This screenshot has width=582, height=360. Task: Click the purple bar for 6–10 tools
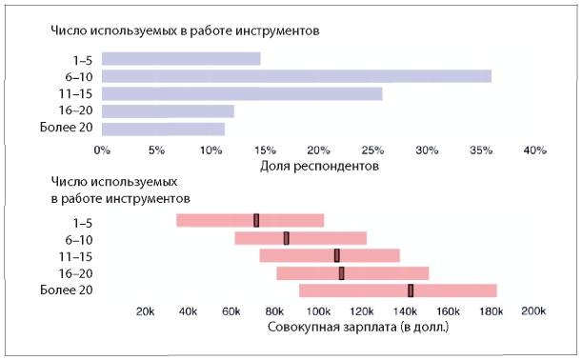pyautogui.click(x=296, y=76)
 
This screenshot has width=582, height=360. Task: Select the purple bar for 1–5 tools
pyautogui.click(x=181, y=58)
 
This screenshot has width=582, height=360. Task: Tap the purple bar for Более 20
pyautogui.click(x=163, y=129)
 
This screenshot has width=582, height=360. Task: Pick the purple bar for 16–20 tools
pyautogui.click(x=168, y=111)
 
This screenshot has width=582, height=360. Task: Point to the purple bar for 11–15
pyautogui.click(x=242, y=93)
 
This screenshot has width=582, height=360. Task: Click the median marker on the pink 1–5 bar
pyautogui.click(x=256, y=220)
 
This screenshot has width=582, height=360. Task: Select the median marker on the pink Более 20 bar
pyautogui.click(x=411, y=290)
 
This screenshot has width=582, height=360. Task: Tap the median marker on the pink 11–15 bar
pyautogui.click(x=337, y=255)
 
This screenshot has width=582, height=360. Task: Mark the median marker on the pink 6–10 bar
pyautogui.click(x=286, y=238)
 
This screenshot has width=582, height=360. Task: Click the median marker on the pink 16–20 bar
pyautogui.click(x=342, y=273)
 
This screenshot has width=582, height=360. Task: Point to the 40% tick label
pyautogui.click(x=534, y=150)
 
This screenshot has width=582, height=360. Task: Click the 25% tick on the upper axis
pyautogui.click(x=372, y=150)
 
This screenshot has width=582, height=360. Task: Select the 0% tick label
pyautogui.click(x=101, y=150)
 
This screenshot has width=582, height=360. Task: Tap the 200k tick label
pyautogui.click(x=533, y=311)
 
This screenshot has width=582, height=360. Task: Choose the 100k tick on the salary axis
pyautogui.click(x=317, y=311)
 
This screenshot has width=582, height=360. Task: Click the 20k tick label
pyautogui.click(x=145, y=311)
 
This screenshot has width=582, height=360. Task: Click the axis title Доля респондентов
pyautogui.click(x=319, y=166)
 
